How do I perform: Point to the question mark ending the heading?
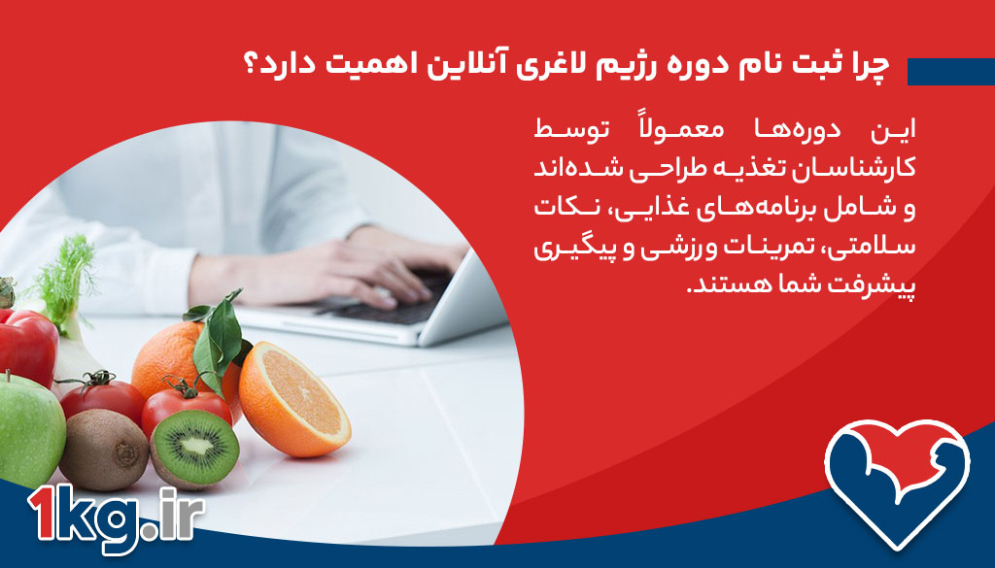point(251,67)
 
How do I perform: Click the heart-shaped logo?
point(897,482)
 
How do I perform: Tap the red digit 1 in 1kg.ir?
point(43,514)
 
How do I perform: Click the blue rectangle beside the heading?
point(950,72)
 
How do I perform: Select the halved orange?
point(293,399)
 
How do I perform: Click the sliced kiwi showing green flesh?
point(194,448)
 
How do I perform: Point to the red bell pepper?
point(27,346)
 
